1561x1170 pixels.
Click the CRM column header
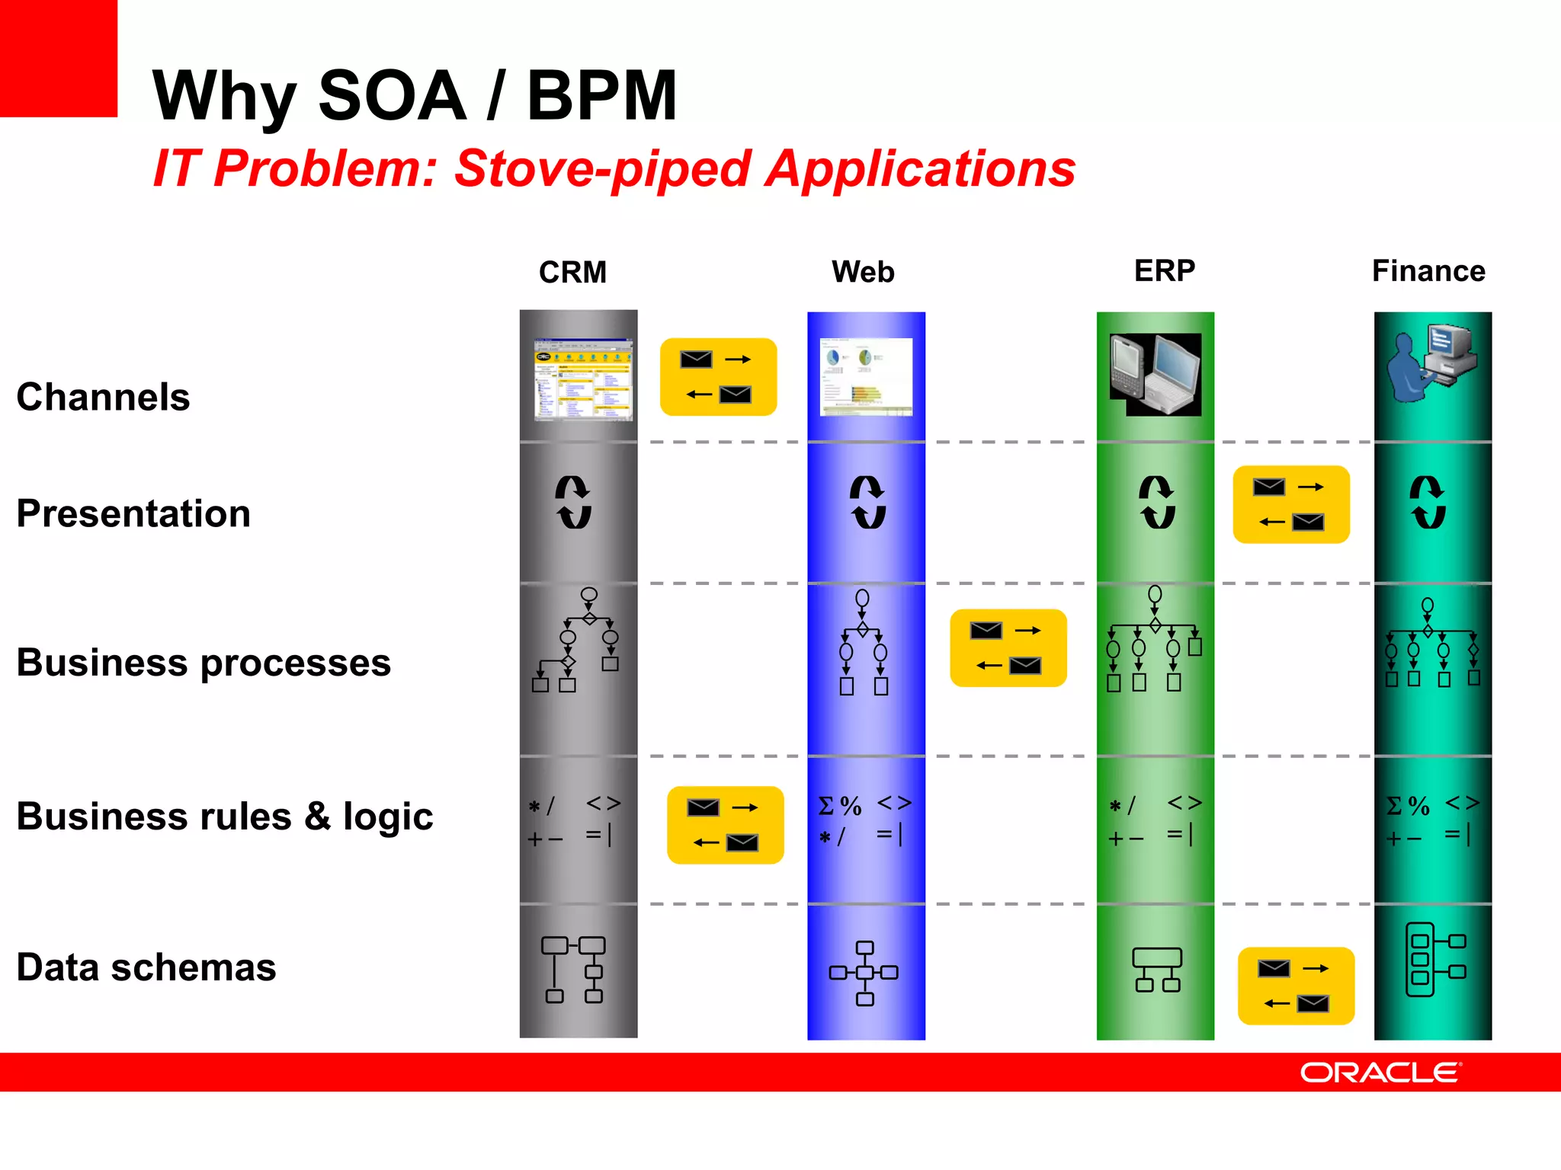tap(572, 272)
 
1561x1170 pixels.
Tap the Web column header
tap(863, 271)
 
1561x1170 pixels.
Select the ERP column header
tap(1164, 270)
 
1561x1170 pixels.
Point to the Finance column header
tap(1428, 270)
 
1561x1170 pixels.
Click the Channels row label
tap(103, 397)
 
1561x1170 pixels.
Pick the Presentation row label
tap(133, 513)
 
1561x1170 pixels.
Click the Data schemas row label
tap(146, 967)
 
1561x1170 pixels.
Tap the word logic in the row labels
tap(387, 817)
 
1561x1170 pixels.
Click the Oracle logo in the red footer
tap(1380, 1072)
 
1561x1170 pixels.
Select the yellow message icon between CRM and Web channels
tap(718, 377)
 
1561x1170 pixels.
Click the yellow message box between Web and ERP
tap(1008, 647)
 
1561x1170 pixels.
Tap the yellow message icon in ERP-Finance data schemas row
tap(1296, 986)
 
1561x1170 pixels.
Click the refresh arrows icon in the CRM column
tap(573, 502)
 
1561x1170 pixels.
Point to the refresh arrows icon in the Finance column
tap(1428, 502)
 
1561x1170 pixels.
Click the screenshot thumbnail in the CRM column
tap(583, 379)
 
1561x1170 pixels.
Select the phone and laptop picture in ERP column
tap(1156, 374)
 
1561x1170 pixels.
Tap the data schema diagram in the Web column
tap(864, 973)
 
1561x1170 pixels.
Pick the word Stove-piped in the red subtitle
tap(602, 168)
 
